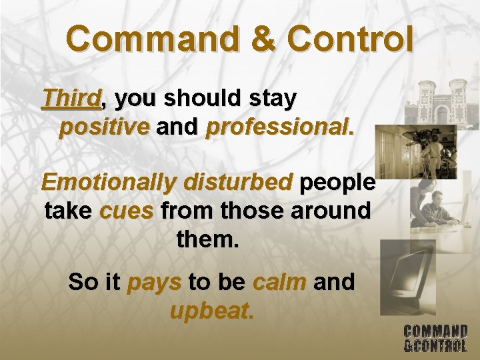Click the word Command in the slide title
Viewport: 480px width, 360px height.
[151, 40]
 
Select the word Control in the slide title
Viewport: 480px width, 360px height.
[349, 40]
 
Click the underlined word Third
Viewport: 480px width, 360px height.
[71, 99]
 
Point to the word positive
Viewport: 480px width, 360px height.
[104, 127]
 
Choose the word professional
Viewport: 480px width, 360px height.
[280, 127]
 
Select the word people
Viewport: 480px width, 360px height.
[337, 182]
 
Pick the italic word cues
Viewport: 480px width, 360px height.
[127, 211]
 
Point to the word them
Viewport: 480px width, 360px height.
[207, 239]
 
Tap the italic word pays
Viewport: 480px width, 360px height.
[154, 282]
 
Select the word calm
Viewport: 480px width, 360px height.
[279, 282]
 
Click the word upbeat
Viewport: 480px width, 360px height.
[211, 311]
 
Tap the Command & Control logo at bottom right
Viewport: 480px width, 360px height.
[435, 337]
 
